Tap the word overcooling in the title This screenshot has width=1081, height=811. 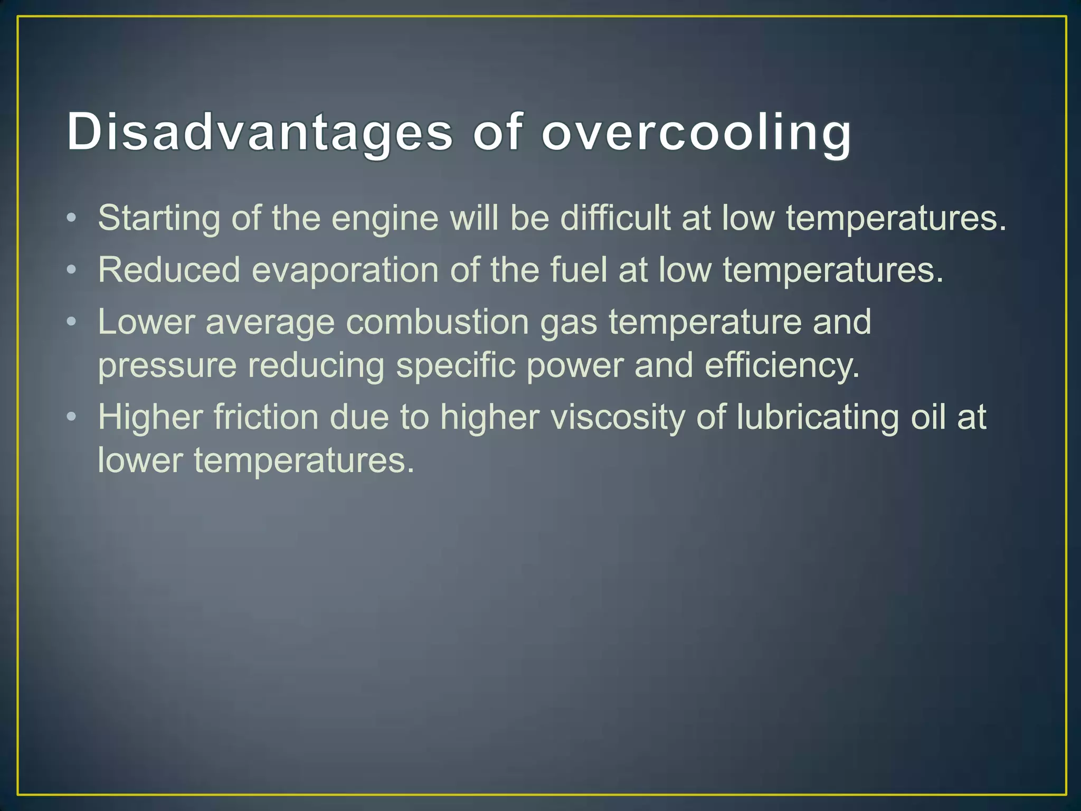[x=696, y=132]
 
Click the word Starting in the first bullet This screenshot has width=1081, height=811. [x=158, y=218]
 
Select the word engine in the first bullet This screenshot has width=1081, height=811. [x=385, y=218]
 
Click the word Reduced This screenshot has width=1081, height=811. [x=169, y=270]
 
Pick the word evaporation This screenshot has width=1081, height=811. [x=345, y=270]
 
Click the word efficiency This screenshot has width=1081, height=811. [x=782, y=366]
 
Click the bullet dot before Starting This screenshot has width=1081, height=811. [x=72, y=218]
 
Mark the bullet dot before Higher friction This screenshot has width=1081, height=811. [x=72, y=417]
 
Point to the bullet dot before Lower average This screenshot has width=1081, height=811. [x=72, y=322]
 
